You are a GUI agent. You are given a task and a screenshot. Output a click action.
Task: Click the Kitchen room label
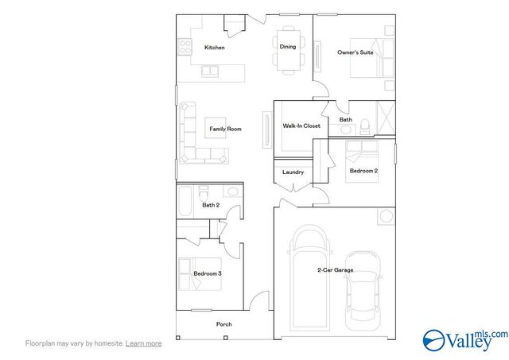(x=214, y=48)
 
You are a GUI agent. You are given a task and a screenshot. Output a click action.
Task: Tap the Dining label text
(x=287, y=47)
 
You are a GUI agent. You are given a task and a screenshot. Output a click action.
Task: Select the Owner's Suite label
(x=356, y=52)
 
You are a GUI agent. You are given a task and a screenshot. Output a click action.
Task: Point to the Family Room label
(x=225, y=129)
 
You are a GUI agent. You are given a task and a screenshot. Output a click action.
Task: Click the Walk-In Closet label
(x=301, y=126)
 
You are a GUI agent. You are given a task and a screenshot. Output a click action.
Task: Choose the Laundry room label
(x=293, y=172)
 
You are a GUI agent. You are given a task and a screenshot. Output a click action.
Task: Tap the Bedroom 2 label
(x=363, y=171)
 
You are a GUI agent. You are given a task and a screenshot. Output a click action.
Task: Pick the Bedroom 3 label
(x=207, y=274)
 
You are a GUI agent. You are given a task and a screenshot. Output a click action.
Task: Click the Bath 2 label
(x=210, y=205)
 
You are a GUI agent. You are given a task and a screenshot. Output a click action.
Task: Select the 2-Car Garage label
(x=335, y=271)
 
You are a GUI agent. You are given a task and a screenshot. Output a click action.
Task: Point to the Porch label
(x=224, y=324)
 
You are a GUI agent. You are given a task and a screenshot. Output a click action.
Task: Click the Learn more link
(x=144, y=343)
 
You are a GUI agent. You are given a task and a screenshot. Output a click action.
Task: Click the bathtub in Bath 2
(x=185, y=200)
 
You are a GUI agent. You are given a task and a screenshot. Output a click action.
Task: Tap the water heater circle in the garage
(x=387, y=215)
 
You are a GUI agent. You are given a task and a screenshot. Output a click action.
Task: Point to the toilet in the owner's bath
(x=364, y=125)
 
